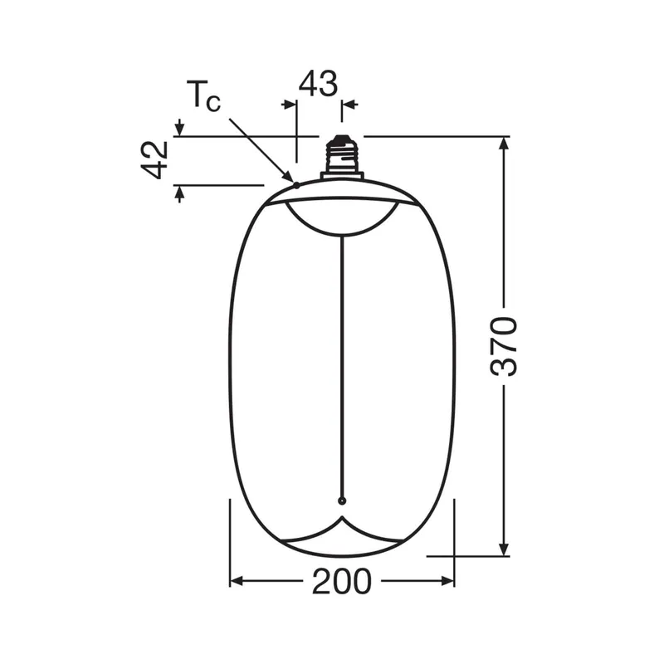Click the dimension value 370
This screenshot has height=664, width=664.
(x=504, y=346)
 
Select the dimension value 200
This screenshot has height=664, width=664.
(x=342, y=582)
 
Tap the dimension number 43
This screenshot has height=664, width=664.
(x=318, y=84)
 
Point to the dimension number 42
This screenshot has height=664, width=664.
(x=154, y=160)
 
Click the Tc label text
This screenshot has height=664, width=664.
(x=203, y=96)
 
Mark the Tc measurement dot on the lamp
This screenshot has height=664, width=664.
(x=296, y=185)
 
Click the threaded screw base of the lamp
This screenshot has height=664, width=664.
(x=341, y=154)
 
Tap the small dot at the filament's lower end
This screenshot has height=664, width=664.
(x=342, y=501)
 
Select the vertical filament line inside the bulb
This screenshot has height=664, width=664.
(x=342, y=367)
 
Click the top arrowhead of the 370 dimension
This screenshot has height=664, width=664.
(x=504, y=143)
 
